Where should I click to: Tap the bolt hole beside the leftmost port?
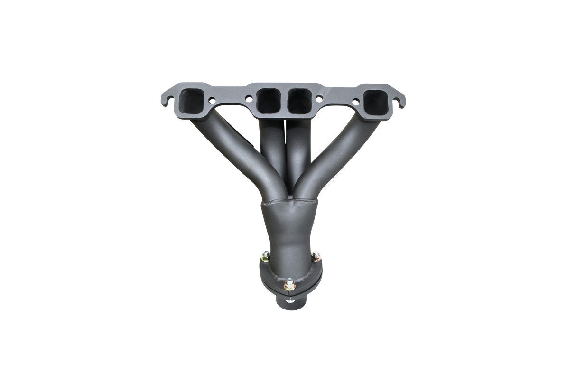(x=211, y=101)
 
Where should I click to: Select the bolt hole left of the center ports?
(x=247, y=98)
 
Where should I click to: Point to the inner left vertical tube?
(x=269, y=152)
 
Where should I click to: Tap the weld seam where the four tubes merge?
(x=287, y=203)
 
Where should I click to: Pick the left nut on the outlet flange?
(x=263, y=258)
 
